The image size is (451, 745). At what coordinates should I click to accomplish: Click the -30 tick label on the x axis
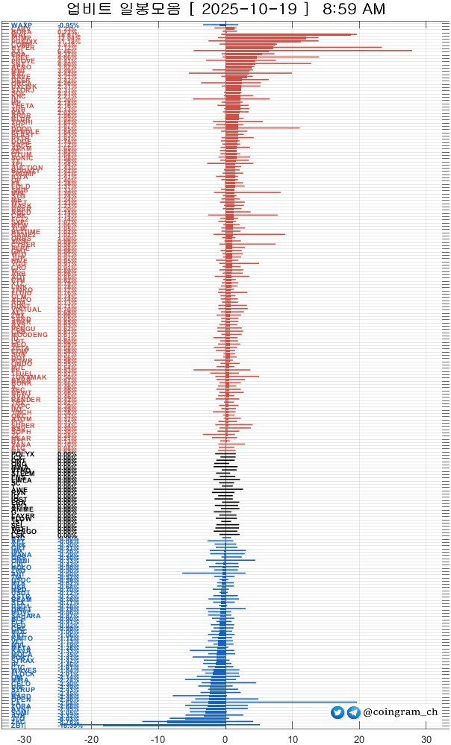pyautogui.click(x=24, y=738)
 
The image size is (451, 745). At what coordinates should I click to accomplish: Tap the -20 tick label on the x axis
pyautogui.click(x=91, y=738)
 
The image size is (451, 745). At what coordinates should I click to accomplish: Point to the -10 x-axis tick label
pyautogui.click(x=158, y=738)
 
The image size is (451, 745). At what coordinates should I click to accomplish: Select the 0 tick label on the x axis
pyautogui.click(x=225, y=738)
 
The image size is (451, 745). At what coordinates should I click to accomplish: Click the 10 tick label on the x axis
pyautogui.click(x=292, y=738)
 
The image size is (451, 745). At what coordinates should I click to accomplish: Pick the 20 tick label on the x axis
pyautogui.click(x=359, y=738)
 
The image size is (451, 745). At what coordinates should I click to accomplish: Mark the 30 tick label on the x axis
pyautogui.click(x=426, y=738)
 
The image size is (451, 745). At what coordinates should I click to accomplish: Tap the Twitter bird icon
pyautogui.click(x=338, y=713)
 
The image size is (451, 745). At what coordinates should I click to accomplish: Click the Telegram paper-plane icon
pyautogui.click(x=353, y=713)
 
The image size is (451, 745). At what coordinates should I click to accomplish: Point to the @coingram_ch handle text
pyautogui.click(x=400, y=713)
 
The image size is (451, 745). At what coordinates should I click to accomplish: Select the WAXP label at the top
pyautogui.click(x=22, y=25)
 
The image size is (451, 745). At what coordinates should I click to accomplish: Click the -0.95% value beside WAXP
pyautogui.click(x=68, y=25)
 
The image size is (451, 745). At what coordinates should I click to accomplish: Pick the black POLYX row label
pyautogui.click(x=22, y=454)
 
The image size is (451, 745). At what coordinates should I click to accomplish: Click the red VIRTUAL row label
pyautogui.click(x=26, y=309)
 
